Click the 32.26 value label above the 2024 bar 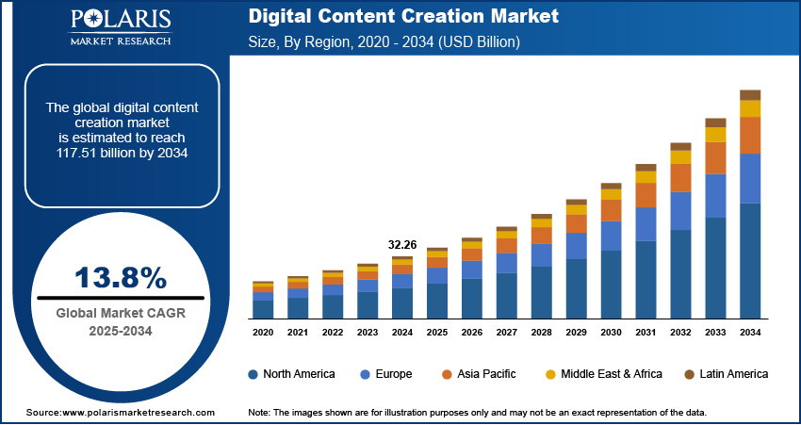point(401,245)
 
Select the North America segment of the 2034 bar point(750,261)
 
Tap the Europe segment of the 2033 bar point(715,196)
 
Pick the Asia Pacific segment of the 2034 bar point(750,135)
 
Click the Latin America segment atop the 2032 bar point(680,147)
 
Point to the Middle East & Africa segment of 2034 point(750,108)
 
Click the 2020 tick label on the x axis point(263,333)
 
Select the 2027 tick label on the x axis point(506,333)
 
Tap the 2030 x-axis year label point(611,333)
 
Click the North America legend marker point(253,374)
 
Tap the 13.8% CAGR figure point(121,278)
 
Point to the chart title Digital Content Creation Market point(403,17)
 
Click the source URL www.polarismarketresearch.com point(134,413)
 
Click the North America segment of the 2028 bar point(541,292)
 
